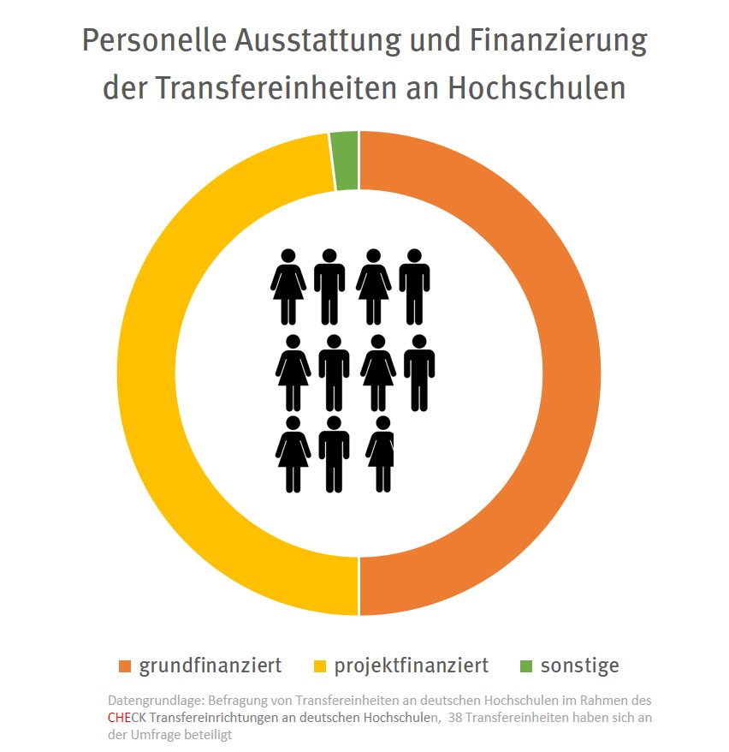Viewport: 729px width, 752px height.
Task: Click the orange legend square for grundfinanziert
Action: pos(126,666)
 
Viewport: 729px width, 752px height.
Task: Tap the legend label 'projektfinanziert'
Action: pos(411,665)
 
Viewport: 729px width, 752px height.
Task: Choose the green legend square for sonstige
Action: pos(525,666)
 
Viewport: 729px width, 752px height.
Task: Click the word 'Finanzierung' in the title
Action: pos(554,41)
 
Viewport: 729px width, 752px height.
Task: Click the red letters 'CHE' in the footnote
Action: pos(119,717)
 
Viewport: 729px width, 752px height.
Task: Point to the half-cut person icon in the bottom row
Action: pos(382,454)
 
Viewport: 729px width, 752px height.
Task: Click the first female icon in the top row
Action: pos(288,286)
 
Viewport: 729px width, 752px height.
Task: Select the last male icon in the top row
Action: pos(415,286)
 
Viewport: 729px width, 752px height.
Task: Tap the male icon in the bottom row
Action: pos(335,454)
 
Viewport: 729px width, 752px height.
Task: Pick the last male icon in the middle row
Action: pos(419,372)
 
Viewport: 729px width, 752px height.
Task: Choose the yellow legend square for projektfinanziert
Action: pos(321,666)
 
